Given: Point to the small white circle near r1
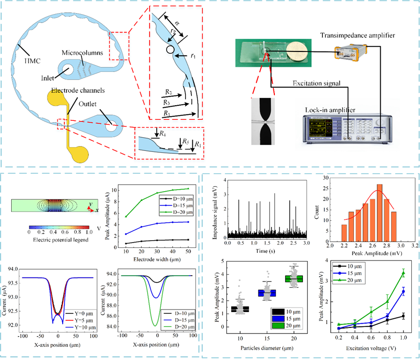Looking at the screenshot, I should [x=169, y=49].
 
